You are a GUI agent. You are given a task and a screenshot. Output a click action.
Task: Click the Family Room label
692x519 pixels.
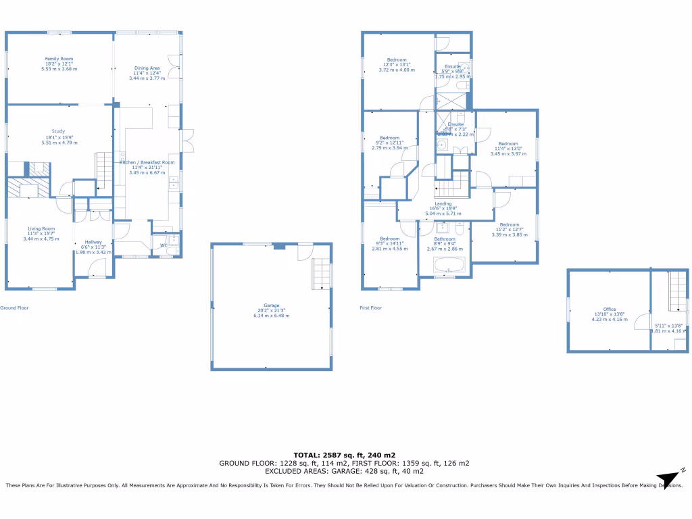coord(59,59)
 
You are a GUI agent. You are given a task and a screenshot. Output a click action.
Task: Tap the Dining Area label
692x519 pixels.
coord(147,68)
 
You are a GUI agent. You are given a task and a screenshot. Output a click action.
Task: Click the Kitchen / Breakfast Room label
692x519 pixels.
coord(147,163)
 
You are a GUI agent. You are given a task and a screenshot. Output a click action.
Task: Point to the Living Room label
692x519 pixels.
coord(41,229)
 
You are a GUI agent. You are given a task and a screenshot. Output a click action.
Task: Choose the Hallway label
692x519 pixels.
coord(93,243)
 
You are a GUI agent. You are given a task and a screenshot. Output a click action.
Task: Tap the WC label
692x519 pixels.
coord(164,245)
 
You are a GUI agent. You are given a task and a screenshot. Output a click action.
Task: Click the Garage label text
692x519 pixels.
coord(272,305)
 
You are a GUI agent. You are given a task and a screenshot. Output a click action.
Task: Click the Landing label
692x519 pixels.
coord(443,203)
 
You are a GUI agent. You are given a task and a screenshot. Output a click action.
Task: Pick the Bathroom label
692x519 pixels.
coord(444,239)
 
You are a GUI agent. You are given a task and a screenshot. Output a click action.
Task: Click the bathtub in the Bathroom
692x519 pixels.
coord(445,266)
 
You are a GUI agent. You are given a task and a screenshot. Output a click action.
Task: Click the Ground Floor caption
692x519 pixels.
coord(14,307)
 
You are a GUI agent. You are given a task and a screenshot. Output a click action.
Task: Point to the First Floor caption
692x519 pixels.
coord(370,307)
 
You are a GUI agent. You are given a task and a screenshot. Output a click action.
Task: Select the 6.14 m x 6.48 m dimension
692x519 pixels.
coord(272,316)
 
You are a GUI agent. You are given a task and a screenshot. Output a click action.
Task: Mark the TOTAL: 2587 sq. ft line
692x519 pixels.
coord(344,455)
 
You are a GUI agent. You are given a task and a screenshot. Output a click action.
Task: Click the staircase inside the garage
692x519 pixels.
coord(322,274)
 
